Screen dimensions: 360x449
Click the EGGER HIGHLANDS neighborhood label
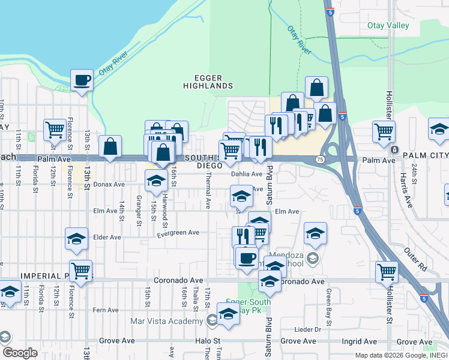[208, 82]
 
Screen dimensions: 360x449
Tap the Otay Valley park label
[388, 26]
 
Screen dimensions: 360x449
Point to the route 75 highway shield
[320, 160]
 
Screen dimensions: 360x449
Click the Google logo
[19, 353]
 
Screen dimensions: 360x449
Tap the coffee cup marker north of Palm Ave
[82, 80]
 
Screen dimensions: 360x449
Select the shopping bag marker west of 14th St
[110, 146]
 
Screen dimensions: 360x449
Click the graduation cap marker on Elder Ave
[77, 239]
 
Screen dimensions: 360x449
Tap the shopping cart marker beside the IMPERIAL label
[80, 270]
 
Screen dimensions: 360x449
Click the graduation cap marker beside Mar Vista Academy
[228, 314]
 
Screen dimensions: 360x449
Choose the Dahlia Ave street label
[247, 174]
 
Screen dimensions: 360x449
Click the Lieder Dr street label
[309, 329]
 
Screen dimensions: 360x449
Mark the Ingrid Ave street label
[359, 341]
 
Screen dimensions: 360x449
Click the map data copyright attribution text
[400, 355]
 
